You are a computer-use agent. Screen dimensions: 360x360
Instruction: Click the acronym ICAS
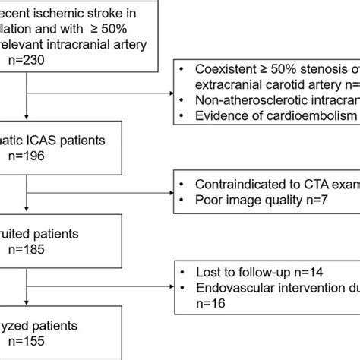click(x=48, y=140)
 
